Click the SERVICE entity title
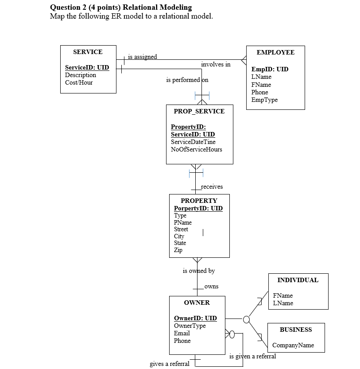pos(88,52)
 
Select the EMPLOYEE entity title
pos(275,52)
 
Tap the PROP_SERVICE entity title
pos(199,111)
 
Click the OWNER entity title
pos(197,303)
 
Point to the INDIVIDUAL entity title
pos(298,280)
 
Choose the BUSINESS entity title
pos(295,330)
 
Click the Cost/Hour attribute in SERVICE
pos(79,82)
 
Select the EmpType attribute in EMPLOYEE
pos(264,100)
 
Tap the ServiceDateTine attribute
pos(193,142)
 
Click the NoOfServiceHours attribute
pos(196,149)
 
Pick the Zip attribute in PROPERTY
pos(178,250)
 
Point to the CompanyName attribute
pos(293,345)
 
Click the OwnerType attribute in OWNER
pos(190,326)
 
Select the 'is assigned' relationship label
pos(142,57)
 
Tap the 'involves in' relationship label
pos(216,65)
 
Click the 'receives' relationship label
pos(212,187)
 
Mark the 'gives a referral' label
pos(170,364)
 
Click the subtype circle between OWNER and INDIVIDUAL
pos(246,319)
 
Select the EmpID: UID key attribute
pos(270,69)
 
